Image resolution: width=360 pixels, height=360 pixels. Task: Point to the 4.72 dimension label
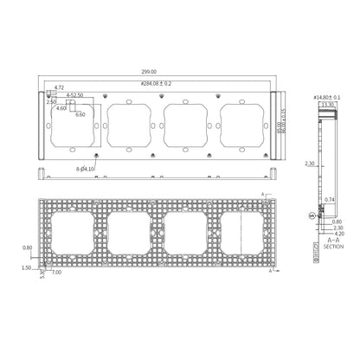60,88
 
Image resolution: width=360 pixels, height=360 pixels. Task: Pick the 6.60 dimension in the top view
80,114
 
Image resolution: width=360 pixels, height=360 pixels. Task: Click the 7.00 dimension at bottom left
57,273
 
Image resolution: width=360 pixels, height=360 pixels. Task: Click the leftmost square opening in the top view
75,127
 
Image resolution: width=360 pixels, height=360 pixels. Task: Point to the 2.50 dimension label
52,101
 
